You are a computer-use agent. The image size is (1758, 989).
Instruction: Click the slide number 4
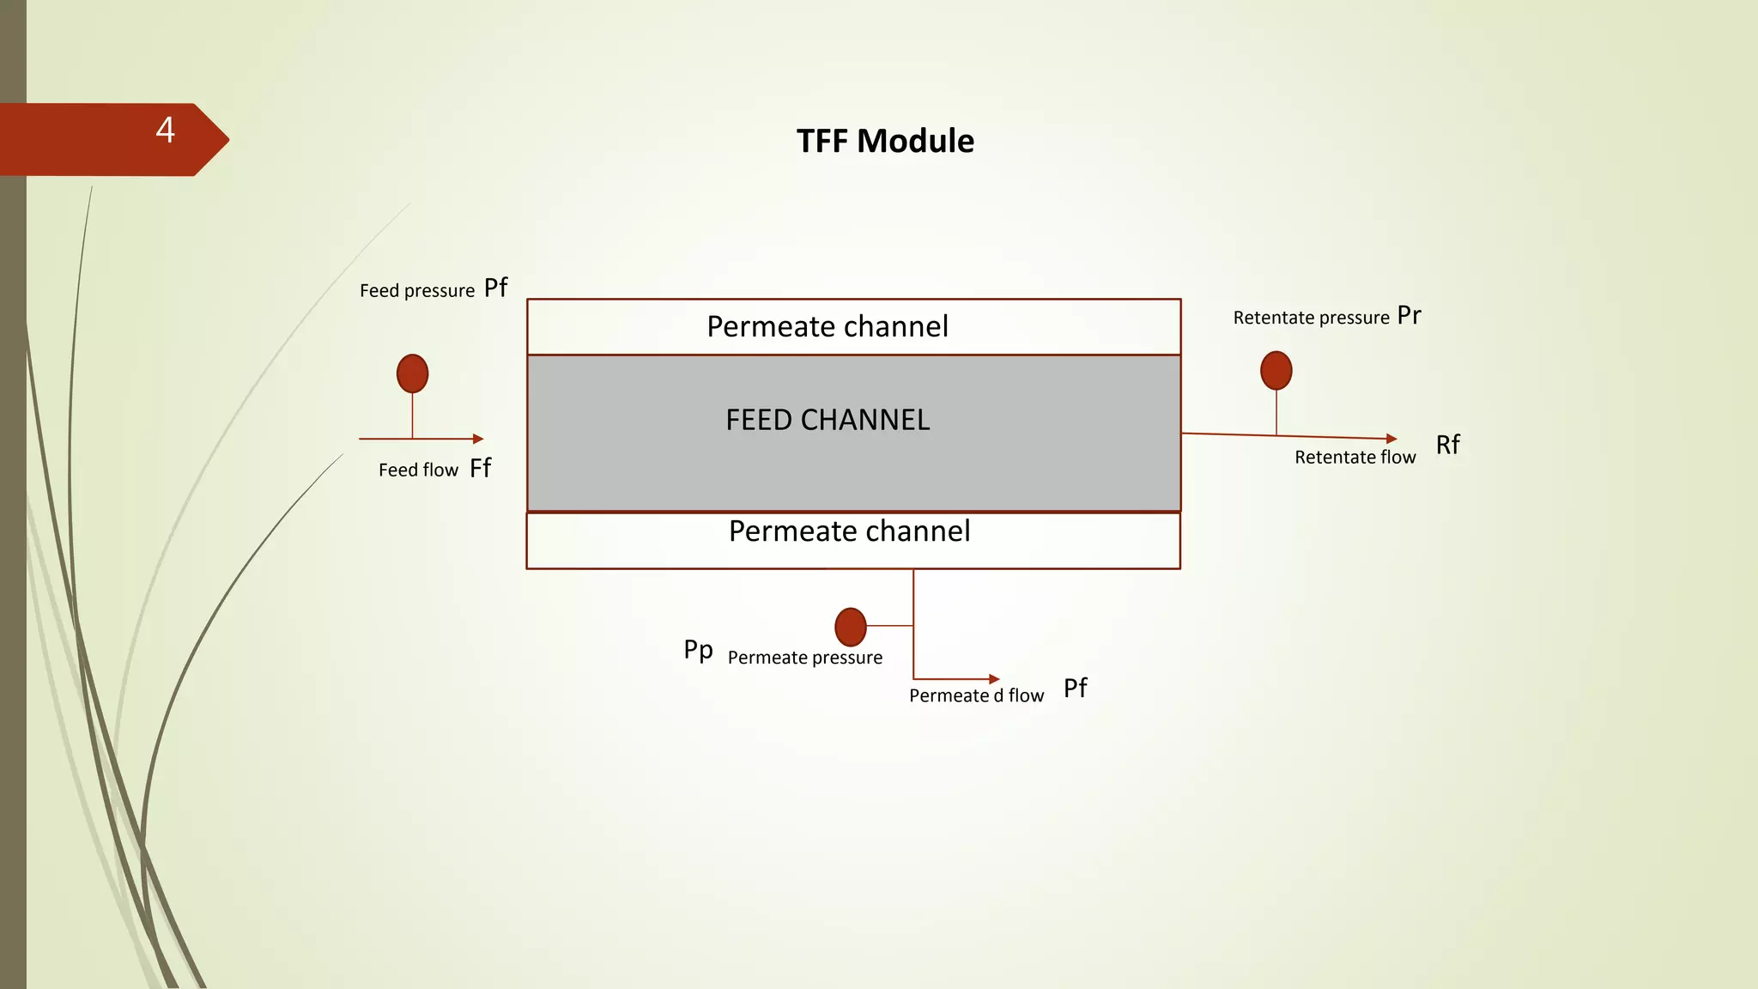166,130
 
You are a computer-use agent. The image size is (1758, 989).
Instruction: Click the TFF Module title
885,141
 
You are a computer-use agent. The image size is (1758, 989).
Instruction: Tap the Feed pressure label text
416,291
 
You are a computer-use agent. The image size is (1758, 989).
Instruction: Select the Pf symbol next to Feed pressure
495,288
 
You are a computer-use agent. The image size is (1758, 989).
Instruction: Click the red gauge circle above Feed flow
412,373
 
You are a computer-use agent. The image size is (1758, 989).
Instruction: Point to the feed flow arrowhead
478,439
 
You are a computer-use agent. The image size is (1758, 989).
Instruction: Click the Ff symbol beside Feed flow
481,468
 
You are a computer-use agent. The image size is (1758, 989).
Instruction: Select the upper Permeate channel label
827,326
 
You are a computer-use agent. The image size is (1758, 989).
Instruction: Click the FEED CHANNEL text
827,420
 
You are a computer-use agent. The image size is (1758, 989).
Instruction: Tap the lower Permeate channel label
849,531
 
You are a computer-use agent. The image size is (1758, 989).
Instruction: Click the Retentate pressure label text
1311,318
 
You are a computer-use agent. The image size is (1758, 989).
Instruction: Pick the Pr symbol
1409,315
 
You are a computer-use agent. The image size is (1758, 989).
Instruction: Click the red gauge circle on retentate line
1276,370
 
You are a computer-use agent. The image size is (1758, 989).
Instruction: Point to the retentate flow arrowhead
1391,439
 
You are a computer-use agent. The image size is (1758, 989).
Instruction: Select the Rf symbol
1447,445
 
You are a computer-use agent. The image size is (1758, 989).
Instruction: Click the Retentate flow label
1355,458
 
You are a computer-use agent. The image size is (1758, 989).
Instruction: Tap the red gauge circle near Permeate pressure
850,627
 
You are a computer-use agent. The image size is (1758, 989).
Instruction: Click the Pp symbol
698,650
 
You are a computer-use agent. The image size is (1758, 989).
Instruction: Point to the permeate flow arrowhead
994,679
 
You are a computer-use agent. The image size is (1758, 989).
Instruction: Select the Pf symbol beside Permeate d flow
1075,688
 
